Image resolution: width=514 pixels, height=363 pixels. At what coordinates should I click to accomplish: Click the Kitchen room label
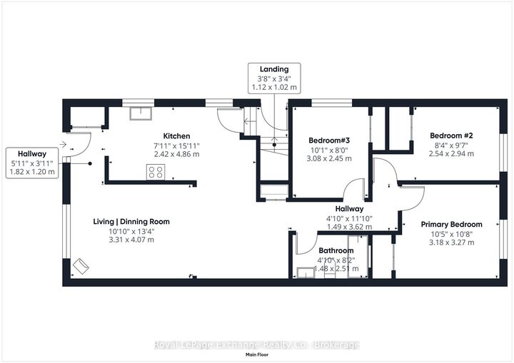[x=176, y=136]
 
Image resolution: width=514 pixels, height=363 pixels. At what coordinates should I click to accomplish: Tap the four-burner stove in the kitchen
[x=156, y=172]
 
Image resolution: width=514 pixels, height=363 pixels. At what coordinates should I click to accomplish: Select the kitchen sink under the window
[x=141, y=113]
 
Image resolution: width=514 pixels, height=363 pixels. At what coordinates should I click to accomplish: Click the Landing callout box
[x=274, y=78]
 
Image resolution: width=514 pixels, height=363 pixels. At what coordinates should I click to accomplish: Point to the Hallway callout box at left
[x=32, y=163]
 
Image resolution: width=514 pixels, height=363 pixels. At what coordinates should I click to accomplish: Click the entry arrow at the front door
[x=63, y=144]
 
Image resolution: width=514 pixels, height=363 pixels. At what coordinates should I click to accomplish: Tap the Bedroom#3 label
[x=329, y=140]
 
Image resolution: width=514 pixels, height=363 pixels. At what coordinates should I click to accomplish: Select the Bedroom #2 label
[x=451, y=136]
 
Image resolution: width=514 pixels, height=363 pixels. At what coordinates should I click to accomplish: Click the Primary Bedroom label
[x=451, y=225]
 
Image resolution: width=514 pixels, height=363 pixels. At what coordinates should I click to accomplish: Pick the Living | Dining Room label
[x=131, y=222]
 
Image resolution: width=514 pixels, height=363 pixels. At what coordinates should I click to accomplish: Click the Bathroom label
[x=336, y=250]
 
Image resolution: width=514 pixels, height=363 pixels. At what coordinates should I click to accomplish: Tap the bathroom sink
[x=306, y=272]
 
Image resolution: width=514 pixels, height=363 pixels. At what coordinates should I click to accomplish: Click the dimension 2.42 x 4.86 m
[x=176, y=154]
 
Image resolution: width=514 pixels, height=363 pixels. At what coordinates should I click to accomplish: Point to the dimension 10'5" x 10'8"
[x=451, y=234]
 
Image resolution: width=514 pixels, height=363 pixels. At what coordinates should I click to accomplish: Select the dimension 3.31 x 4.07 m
[x=131, y=240]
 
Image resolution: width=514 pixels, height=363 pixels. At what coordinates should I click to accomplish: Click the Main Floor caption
[x=257, y=354]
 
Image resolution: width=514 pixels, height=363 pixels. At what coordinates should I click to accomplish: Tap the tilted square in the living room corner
[x=81, y=266]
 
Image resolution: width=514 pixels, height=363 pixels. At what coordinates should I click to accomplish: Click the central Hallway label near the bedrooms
[x=349, y=209]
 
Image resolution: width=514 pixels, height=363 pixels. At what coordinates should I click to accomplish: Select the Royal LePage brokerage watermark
[x=257, y=344]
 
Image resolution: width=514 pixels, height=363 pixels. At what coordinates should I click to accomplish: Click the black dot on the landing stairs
[x=274, y=145]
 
